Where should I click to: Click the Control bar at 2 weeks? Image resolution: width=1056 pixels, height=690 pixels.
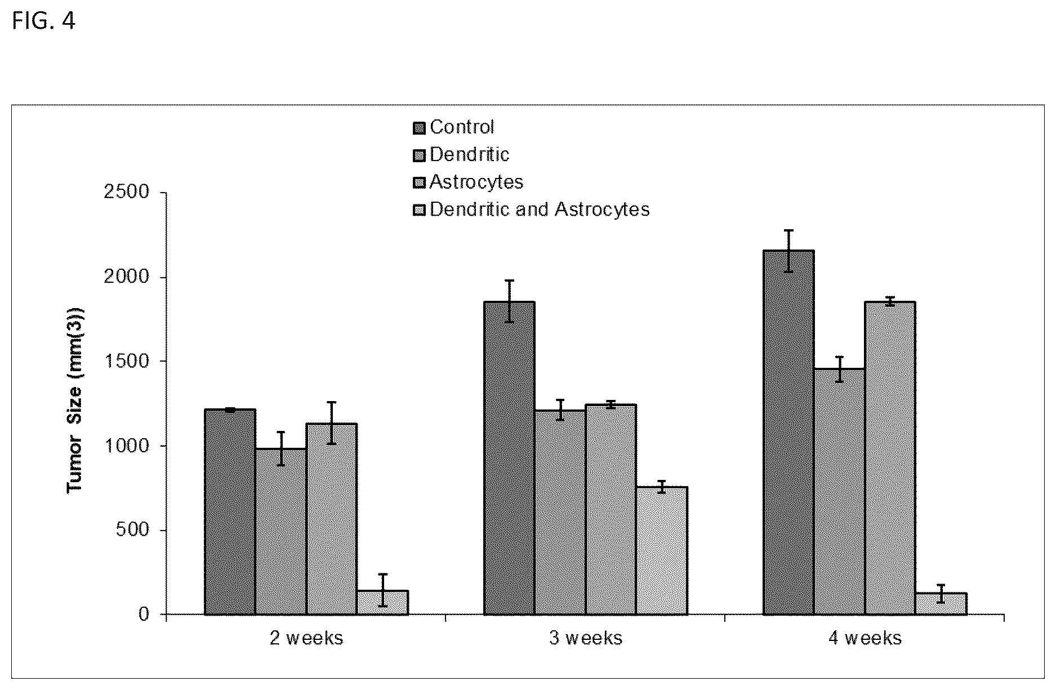230,511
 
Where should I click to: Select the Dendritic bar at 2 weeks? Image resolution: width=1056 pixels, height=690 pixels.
281,531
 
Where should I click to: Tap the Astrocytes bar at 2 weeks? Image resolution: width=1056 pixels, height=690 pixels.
332,519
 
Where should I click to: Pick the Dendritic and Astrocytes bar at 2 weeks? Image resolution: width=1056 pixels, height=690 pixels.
382,602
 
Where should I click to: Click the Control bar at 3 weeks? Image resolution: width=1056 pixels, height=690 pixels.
509,458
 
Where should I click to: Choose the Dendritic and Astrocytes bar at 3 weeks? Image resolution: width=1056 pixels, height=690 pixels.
662,550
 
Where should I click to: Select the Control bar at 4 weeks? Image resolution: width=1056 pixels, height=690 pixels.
788,432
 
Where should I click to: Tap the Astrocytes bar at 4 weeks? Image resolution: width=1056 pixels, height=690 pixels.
890,458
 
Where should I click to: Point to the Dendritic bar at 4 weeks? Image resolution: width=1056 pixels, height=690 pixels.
840,491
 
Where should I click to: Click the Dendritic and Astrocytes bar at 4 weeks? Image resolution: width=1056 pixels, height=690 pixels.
941,603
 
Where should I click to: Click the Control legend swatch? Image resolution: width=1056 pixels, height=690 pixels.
419,128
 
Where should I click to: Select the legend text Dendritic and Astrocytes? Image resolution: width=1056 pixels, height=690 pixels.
540,210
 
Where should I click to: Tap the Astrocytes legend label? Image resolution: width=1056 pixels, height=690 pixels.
476,182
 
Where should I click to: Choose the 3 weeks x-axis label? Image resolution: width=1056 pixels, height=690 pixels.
586,638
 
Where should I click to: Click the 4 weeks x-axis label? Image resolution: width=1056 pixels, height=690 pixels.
865,638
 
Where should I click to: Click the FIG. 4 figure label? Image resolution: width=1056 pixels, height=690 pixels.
43,21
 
